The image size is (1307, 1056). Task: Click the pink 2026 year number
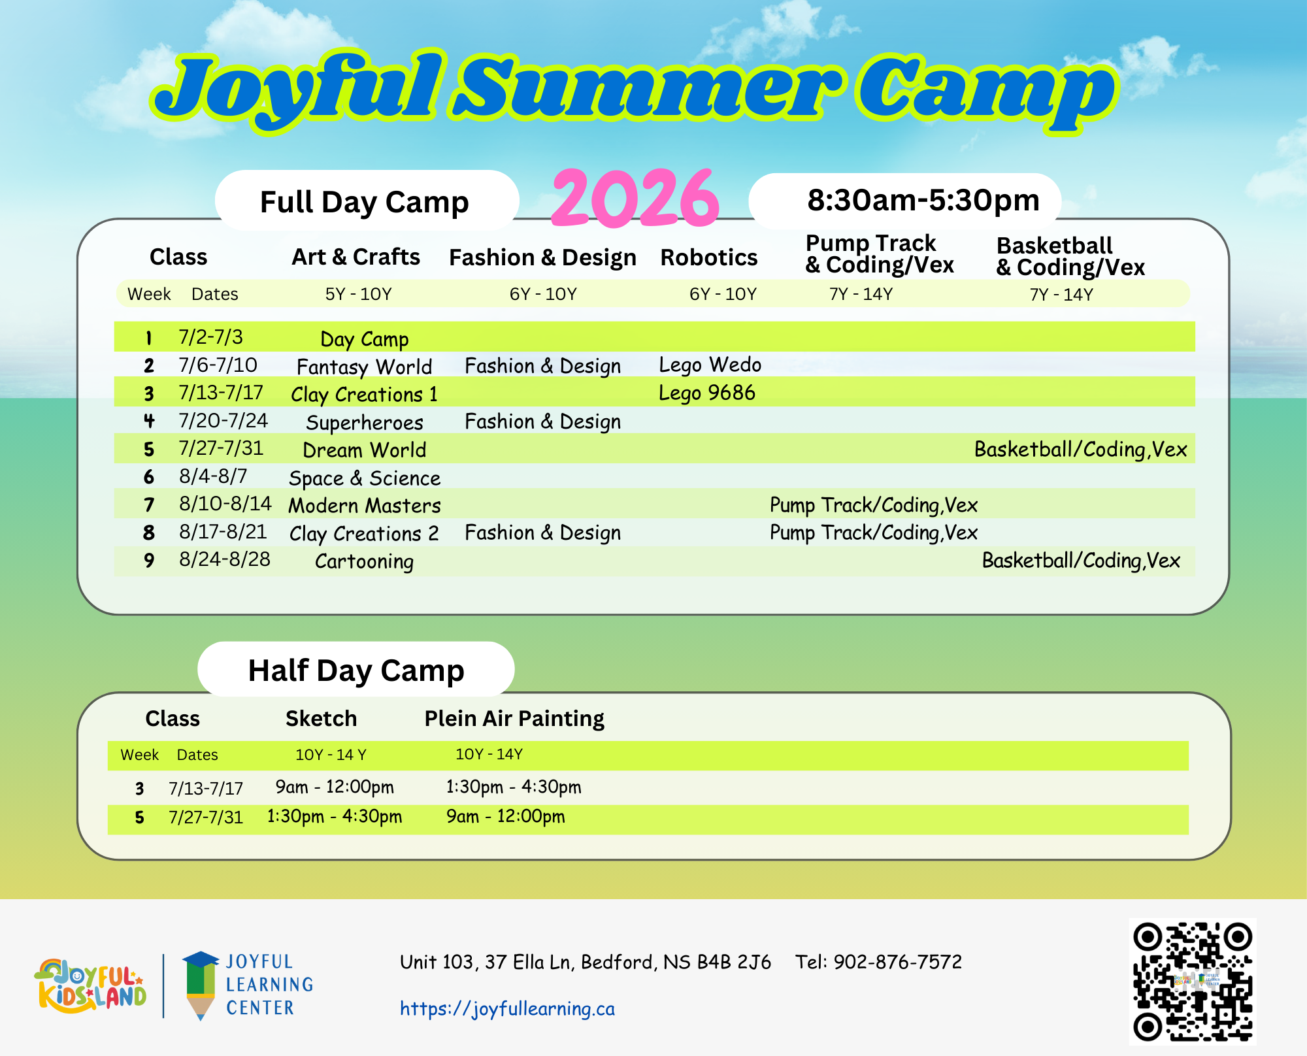click(635, 197)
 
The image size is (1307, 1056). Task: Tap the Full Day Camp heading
click(365, 202)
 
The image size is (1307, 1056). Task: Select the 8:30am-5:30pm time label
click(923, 200)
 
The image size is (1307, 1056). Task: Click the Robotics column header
click(709, 257)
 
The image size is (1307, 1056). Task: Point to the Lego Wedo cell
click(710, 365)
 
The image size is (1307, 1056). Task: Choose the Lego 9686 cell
click(707, 393)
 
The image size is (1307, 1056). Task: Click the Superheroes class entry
click(365, 423)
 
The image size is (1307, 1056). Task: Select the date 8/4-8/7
click(214, 476)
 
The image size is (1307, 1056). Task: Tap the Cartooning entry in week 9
click(365, 561)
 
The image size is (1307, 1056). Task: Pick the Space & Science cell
click(365, 478)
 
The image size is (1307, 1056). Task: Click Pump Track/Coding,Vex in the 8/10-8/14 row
click(874, 505)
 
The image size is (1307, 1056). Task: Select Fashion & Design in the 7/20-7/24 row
click(543, 422)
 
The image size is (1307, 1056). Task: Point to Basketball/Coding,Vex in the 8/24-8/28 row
click(1081, 561)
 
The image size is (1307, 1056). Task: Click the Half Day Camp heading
click(356, 671)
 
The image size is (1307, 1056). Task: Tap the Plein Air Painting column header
click(514, 719)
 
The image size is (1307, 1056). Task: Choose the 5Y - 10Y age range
click(359, 294)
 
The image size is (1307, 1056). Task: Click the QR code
click(1193, 982)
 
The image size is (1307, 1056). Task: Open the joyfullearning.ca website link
click(507, 1009)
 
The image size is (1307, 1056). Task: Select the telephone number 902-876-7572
click(898, 962)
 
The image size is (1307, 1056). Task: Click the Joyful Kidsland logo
click(90, 986)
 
